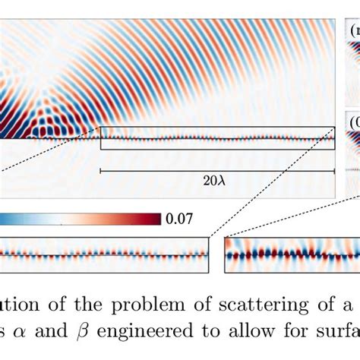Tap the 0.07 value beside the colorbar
178,219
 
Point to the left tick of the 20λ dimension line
101,172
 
